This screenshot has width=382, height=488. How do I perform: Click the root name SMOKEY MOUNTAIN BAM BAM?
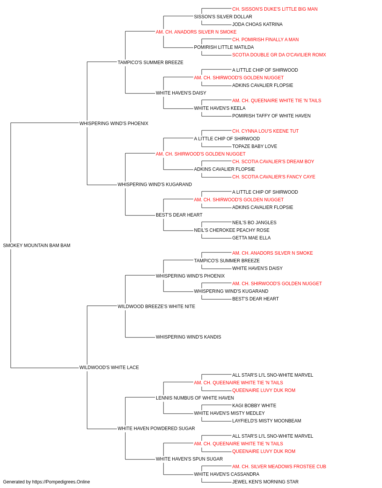37,245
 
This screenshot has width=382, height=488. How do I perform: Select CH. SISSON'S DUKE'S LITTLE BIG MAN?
275,9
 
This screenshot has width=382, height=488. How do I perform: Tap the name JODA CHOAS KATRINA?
257,24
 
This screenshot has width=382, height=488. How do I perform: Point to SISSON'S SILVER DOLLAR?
223,17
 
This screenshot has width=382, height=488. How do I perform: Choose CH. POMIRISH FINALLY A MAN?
265,40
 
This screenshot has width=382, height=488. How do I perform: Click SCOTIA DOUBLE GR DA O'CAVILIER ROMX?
279,55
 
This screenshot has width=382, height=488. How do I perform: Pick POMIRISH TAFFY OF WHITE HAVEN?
271,116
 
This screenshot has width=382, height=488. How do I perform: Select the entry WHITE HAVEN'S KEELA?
220,108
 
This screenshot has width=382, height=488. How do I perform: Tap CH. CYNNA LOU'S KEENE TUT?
265,131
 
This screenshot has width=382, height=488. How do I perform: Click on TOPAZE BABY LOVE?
254,146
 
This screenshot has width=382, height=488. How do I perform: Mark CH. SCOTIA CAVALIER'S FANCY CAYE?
274,177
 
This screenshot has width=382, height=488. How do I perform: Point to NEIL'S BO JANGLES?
254,222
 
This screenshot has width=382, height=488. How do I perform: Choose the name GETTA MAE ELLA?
251,238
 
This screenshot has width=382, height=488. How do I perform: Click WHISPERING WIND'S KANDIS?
188,337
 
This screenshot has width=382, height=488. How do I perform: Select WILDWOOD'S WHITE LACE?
109,368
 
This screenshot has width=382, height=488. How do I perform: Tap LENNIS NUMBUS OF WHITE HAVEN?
195,398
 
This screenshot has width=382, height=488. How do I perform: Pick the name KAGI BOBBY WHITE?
254,405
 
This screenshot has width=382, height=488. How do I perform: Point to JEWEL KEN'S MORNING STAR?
265,482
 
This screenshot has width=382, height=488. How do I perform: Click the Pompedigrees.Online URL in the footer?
61,482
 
